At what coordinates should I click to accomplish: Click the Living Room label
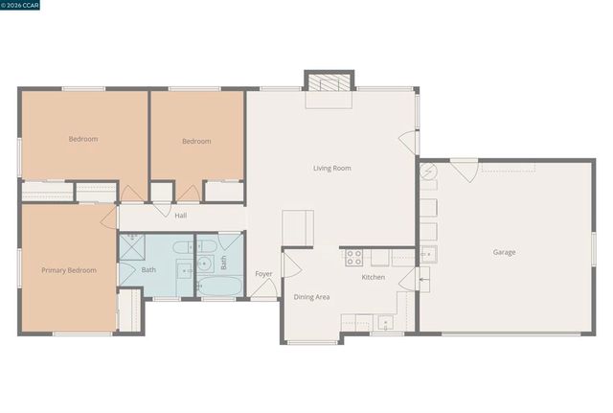332,168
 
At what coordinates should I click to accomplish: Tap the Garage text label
504,252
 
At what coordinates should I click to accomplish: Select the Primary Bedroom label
69,270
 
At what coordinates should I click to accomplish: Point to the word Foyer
263,274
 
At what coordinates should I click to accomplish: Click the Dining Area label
311,297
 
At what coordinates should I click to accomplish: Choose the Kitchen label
373,277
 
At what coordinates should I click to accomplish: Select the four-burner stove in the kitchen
353,257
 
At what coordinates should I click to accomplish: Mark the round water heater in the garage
428,172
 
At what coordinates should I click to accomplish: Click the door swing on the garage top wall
465,172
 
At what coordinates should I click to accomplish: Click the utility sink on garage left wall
428,254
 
